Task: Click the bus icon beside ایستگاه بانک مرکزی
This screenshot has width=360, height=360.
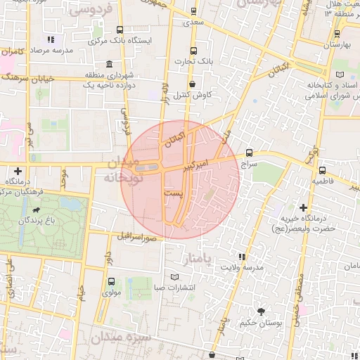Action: (x=120, y=30)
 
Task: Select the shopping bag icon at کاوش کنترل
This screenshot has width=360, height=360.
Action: (x=192, y=84)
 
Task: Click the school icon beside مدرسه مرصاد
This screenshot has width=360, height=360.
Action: (x=50, y=40)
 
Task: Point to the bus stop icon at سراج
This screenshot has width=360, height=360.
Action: (x=250, y=153)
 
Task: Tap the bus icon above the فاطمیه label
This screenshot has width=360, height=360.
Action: (x=322, y=169)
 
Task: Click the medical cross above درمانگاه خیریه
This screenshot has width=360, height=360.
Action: (x=303, y=207)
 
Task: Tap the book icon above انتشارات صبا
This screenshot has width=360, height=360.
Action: (x=175, y=276)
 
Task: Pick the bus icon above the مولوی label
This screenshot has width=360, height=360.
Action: (x=112, y=281)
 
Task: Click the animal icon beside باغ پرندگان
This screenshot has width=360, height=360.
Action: (x=35, y=210)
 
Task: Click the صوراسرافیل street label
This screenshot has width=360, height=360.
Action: (x=135, y=238)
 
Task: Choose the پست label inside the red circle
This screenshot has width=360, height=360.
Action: (x=172, y=191)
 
